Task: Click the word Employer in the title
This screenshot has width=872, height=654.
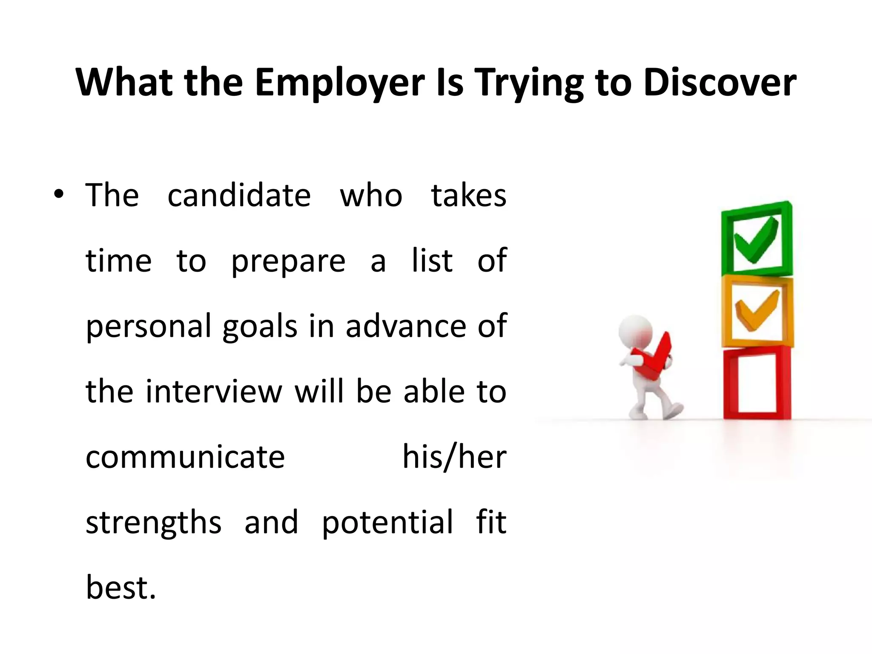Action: coord(340,83)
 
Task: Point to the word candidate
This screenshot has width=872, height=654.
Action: coord(239,196)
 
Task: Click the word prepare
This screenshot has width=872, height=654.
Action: coord(288,261)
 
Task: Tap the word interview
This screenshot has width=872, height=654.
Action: coord(214,392)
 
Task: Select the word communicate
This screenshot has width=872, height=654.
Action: coord(185,457)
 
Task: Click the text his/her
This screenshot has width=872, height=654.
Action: coord(454,457)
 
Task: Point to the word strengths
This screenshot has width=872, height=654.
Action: coord(153,523)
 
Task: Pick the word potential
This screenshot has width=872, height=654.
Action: coord(387,523)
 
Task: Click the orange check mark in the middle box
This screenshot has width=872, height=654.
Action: coord(757,310)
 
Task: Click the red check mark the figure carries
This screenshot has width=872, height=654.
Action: coord(654,358)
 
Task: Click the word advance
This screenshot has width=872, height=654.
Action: coord(406,327)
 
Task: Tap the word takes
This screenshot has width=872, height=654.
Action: coord(468,196)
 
